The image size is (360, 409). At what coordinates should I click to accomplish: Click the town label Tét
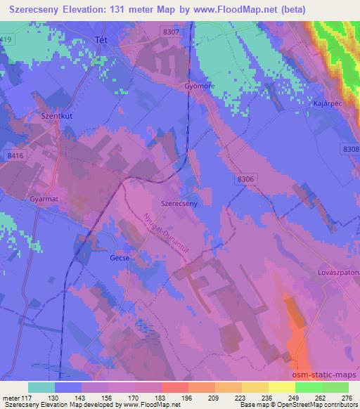pos(101,41)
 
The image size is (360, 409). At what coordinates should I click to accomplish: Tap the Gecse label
pos(120,258)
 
